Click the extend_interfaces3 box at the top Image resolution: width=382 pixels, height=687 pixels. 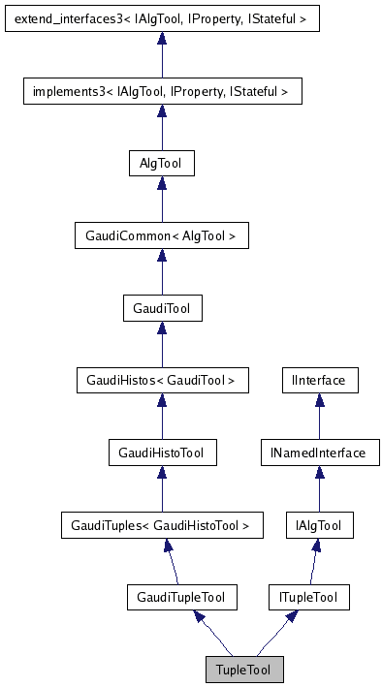coord(162,17)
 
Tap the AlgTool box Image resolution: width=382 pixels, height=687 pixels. coord(162,164)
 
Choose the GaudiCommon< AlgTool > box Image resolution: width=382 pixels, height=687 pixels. coord(162,235)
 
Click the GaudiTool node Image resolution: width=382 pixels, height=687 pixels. coord(162,308)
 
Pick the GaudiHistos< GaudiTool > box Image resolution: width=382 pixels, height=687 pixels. coord(162,381)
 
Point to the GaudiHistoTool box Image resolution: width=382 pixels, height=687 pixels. coord(162,453)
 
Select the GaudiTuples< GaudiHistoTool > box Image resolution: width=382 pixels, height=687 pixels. coord(162,525)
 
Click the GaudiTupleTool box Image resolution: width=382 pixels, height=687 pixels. coord(182,598)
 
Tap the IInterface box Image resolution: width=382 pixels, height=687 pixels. coord(319,381)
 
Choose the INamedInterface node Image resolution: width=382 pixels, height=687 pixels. coord(319,453)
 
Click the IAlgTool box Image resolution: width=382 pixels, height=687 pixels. coord(319,525)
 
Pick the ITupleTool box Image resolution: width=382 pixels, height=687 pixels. coord(308,598)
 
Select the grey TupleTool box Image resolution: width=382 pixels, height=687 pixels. coord(244,670)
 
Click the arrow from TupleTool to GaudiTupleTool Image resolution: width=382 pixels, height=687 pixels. coord(212,634)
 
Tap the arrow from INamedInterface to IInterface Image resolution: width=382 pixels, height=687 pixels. coord(319,417)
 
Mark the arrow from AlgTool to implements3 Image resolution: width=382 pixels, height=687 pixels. coord(162,128)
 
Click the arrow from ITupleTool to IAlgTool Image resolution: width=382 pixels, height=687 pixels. coord(313,562)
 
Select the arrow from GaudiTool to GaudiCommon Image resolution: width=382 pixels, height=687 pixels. coord(162,272)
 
